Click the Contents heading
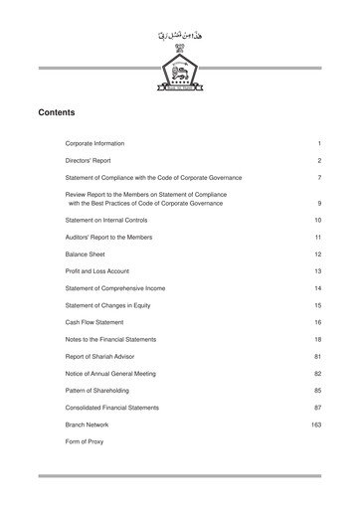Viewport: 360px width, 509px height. [57, 112]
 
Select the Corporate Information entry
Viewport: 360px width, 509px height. [94, 143]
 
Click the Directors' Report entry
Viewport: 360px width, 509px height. [88, 160]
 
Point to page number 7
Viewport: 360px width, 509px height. [318, 177]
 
